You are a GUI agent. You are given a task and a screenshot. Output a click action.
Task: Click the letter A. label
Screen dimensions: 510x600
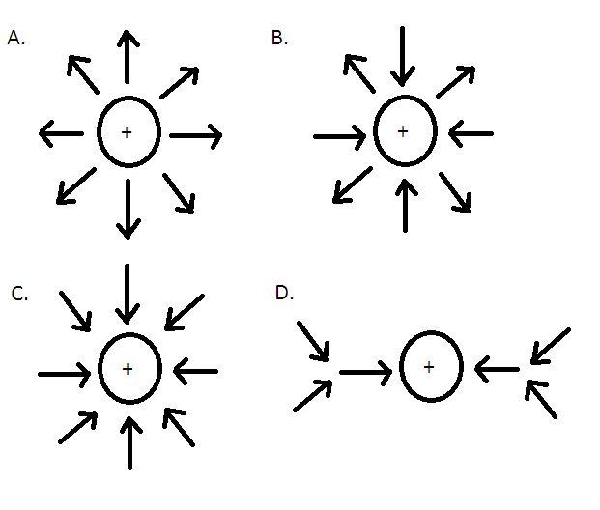pyautogui.click(x=14, y=38)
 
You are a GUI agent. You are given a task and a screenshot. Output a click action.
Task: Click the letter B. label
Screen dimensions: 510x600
pyautogui.click(x=279, y=38)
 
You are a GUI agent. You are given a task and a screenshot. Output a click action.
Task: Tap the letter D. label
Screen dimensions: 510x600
pyautogui.click(x=284, y=293)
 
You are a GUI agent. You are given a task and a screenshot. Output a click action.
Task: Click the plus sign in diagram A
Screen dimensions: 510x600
pyautogui.click(x=127, y=131)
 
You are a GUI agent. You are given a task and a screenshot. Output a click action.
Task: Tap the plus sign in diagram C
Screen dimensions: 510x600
pyautogui.click(x=127, y=369)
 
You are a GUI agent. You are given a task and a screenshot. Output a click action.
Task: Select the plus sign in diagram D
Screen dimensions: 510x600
pyautogui.click(x=429, y=367)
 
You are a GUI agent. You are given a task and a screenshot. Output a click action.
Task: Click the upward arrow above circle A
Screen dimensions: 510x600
pyautogui.click(x=127, y=55)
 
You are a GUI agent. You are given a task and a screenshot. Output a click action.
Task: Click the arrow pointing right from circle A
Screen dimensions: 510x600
pyautogui.click(x=196, y=135)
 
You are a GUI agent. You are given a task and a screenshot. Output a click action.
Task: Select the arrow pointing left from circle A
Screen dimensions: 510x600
pyautogui.click(x=60, y=133)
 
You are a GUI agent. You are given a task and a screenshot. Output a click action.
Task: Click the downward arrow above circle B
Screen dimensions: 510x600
pyautogui.click(x=404, y=55)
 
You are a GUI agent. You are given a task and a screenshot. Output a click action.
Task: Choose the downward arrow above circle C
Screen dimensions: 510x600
pyautogui.click(x=127, y=293)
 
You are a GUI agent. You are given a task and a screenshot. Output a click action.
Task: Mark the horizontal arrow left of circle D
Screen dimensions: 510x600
pyautogui.click(x=365, y=369)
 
